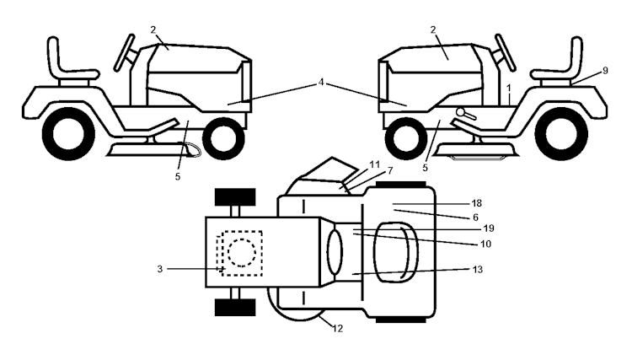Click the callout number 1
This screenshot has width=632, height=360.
509,87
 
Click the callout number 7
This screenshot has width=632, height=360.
366,171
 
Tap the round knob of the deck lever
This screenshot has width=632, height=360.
460,112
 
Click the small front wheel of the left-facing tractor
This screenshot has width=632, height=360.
404,134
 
